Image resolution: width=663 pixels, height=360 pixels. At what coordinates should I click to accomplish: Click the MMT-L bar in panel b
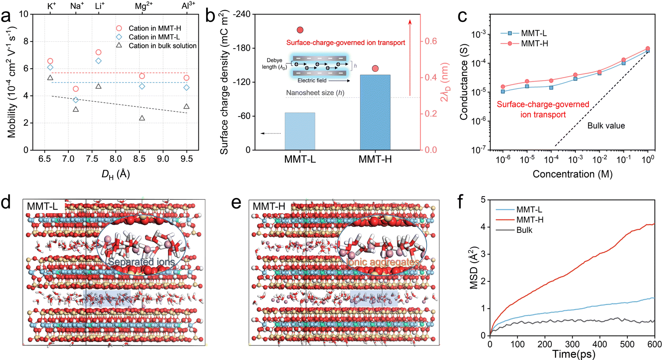coord(300,131)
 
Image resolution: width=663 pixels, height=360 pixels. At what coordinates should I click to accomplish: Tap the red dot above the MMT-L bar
coord(300,30)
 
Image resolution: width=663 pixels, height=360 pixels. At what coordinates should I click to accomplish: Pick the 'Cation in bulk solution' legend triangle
coord(119,46)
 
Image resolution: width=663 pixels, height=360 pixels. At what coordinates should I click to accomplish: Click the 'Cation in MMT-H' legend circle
coord(119,28)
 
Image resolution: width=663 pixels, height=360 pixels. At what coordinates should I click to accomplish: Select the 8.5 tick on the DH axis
coord(139,159)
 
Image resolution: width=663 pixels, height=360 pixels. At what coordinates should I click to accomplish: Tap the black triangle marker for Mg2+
coord(142,118)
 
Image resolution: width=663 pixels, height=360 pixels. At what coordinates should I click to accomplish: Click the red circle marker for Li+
coord(99,52)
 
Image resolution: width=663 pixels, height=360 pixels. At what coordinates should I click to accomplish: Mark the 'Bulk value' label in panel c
coord(606,126)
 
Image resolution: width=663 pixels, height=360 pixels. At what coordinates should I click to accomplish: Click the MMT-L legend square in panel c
coord(510,33)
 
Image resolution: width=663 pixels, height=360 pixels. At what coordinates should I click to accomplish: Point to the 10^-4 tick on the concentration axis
coord(551,159)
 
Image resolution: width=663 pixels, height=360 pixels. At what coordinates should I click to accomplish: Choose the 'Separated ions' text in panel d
coord(142,261)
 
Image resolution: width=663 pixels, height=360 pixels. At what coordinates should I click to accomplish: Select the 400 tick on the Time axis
coord(600,344)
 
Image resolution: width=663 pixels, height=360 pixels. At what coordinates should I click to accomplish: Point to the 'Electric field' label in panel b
coord(312,80)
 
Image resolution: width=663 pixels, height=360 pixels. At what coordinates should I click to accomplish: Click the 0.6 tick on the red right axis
coord(431,41)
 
